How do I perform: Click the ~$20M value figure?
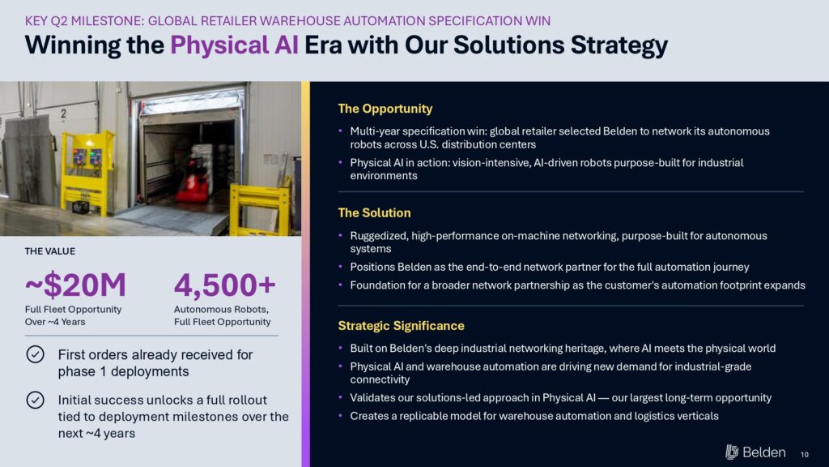[75, 285]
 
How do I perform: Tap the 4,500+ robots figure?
[225, 285]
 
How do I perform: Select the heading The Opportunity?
[385, 109]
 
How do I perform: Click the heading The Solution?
[374, 213]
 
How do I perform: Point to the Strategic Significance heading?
[401, 326]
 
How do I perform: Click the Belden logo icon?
[732, 452]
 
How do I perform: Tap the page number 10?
[804, 454]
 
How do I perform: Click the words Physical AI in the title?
[234, 45]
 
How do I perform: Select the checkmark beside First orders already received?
[36, 354]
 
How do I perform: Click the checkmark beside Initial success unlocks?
[36, 400]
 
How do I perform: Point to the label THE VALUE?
[49, 251]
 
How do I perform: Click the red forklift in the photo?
[191, 181]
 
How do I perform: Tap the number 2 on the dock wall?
[63, 114]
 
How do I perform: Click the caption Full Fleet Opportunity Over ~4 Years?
[73, 315]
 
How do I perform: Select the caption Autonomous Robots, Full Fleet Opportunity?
[222, 315]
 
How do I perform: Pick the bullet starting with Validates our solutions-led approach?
[560, 397]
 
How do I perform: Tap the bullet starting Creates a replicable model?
[534, 416]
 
